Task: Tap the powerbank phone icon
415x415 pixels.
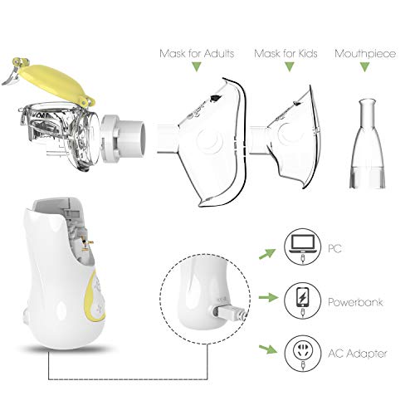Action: point(300,297)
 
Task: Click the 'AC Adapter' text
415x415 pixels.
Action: point(359,354)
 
